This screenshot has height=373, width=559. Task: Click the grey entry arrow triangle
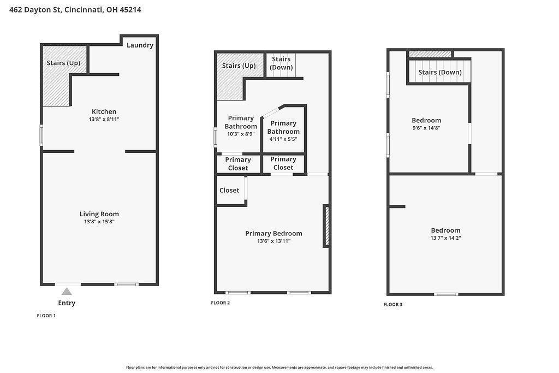click(66, 292)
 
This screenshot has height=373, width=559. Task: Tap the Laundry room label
click(140, 45)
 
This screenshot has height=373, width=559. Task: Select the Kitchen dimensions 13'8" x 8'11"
click(104, 120)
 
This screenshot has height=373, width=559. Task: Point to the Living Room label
click(99, 214)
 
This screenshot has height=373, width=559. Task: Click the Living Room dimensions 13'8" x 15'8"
click(99, 222)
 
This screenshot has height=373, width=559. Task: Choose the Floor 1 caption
click(46, 316)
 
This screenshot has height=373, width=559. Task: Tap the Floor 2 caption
click(221, 303)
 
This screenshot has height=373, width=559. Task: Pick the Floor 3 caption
click(393, 304)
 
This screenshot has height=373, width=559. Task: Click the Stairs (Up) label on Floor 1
click(63, 63)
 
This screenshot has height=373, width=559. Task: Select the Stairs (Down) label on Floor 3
click(440, 73)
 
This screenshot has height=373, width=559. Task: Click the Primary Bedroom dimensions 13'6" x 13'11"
click(274, 241)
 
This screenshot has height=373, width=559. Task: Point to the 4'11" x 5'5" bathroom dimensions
click(283, 139)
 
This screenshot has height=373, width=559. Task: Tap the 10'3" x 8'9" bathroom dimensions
click(241, 134)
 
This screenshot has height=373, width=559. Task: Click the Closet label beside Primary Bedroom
click(229, 191)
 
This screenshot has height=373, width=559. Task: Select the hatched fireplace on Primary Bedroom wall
click(326, 226)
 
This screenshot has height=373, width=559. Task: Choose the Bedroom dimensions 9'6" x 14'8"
click(426, 128)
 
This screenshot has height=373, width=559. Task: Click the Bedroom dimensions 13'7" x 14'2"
click(445, 238)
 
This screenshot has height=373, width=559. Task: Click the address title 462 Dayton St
click(35, 10)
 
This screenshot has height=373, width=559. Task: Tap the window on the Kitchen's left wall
click(41, 135)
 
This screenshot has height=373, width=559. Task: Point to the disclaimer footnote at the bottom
click(279, 368)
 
